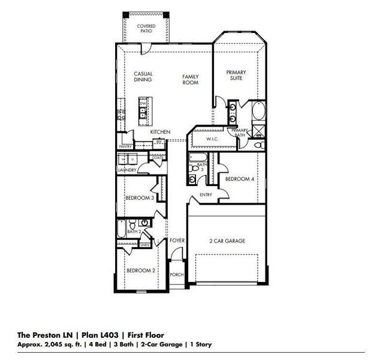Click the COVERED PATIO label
(x=146, y=28)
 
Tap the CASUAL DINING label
(x=143, y=76)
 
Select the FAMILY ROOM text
(x=190, y=80)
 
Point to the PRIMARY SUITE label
(x=236, y=74)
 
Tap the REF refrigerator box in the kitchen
(x=159, y=142)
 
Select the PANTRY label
(x=125, y=146)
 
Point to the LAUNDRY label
(x=128, y=170)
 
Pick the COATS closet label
(x=149, y=157)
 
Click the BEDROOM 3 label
(x=140, y=197)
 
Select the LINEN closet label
(x=144, y=244)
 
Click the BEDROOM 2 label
(x=141, y=271)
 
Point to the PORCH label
(x=177, y=274)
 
